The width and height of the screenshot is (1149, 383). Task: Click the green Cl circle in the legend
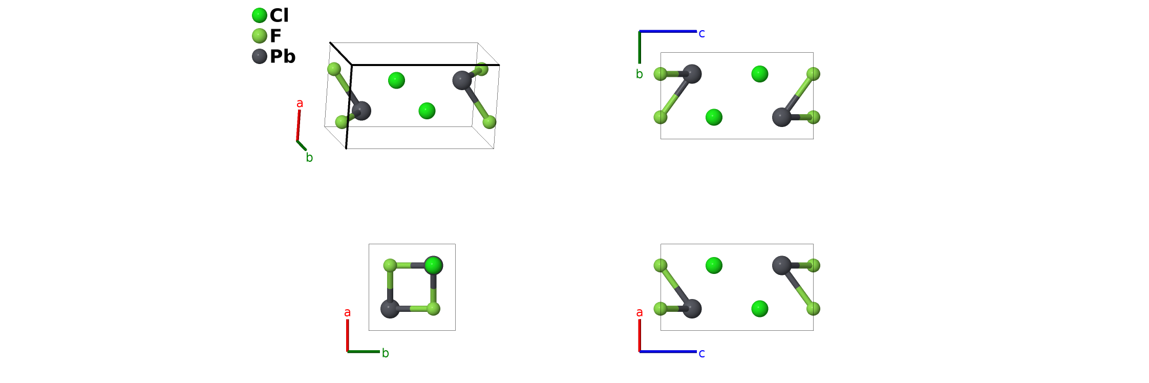coord(260,15)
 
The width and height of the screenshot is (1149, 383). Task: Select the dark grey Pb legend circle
coord(260,56)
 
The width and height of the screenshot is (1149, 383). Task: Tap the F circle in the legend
coord(260,36)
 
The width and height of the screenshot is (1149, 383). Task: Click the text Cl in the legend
coord(279,15)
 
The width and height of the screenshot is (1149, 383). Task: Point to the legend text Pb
coord(283,56)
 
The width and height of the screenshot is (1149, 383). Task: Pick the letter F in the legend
coord(275,36)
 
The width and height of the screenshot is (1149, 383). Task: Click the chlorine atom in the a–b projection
coord(434,265)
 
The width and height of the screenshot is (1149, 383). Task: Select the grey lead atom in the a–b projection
coord(390,309)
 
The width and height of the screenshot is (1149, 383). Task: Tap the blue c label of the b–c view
coord(701,34)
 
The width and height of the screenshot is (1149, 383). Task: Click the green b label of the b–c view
coord(640,74)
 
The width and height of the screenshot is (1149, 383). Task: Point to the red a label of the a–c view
coord(640,312)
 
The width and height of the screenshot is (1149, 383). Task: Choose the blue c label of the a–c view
coord(701,353)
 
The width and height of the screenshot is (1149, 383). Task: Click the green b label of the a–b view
coord(386,353)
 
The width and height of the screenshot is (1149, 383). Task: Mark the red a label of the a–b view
coord(348,312)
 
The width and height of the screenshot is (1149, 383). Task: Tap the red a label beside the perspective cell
coord(300,103)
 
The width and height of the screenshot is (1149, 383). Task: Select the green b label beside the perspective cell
coord(309,158)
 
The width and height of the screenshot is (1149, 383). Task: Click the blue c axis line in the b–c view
coord(668,32)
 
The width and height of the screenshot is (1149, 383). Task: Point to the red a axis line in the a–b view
coord(348,335)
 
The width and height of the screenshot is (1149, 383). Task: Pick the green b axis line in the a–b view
coord(364,352)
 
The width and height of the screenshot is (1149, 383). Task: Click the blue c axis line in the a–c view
coord(668,352)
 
